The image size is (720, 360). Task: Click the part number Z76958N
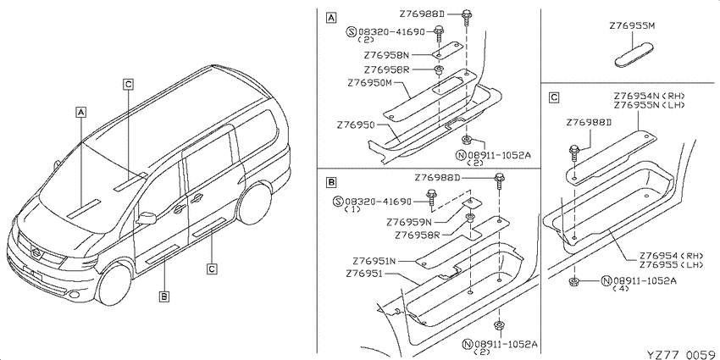386,56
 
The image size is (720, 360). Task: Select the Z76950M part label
370,84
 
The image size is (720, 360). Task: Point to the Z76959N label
409,222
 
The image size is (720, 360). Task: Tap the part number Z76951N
374,261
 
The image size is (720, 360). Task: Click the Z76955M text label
632,26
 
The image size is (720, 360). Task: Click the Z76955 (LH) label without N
662,264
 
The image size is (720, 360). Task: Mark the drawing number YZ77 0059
681,354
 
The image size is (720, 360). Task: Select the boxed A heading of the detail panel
330,19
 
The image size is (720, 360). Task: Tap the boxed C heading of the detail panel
554,97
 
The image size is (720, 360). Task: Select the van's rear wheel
254,203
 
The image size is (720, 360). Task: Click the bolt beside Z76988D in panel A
466,18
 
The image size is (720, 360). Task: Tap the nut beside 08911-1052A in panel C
573,281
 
